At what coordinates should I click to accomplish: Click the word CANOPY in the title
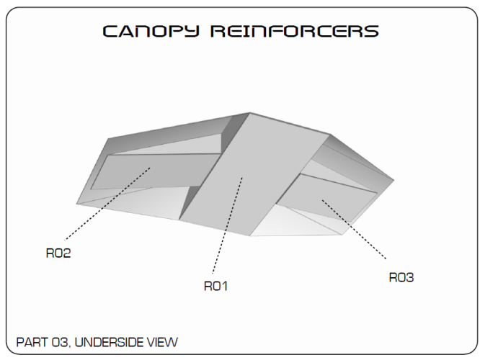151,31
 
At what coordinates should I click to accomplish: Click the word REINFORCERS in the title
295,31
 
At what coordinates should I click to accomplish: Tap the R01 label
216,286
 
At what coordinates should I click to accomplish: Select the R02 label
58,253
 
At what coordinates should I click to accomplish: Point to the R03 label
401,277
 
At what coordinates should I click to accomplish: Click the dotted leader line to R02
107,204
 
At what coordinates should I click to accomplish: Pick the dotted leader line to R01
227,225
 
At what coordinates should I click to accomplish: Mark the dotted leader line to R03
354,229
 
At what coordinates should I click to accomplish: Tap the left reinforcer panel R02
155,171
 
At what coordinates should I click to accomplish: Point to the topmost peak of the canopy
250,113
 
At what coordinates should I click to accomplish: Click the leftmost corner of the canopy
76,204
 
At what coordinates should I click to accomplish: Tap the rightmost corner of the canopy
394,180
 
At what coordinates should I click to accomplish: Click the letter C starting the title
110,31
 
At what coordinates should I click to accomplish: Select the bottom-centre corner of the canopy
250,236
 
